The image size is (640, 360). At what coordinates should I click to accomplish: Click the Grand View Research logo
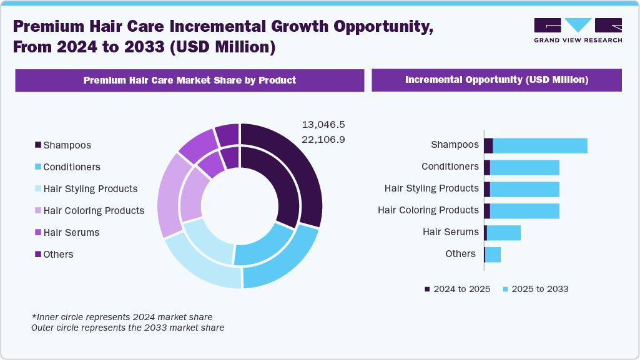tap(578, 30)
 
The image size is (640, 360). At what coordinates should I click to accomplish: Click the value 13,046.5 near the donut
tap(323, 124)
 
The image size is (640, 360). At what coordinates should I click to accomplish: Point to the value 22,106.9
tap(323, 139)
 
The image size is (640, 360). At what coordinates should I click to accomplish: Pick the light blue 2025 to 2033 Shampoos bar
tap(540, 145)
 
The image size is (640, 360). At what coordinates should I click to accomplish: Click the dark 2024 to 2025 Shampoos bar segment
tap(488, 145)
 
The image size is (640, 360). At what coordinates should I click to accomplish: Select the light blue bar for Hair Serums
tap(503, 233)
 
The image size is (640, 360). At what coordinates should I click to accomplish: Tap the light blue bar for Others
tap(493, 255)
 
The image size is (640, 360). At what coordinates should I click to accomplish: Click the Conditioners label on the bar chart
tap(450, 167)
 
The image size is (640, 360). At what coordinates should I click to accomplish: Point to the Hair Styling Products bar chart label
tap(431, 188)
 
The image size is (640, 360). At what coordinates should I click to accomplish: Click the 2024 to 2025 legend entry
tap(457, 289)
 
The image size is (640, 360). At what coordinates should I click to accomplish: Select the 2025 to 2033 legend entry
tap(535, 289)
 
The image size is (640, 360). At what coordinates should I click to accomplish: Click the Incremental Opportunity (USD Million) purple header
tap(496, 80)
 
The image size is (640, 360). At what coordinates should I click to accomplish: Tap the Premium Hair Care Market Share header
tap(189, 80)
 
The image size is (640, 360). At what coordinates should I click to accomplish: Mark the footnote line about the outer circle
tap(127, 328)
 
